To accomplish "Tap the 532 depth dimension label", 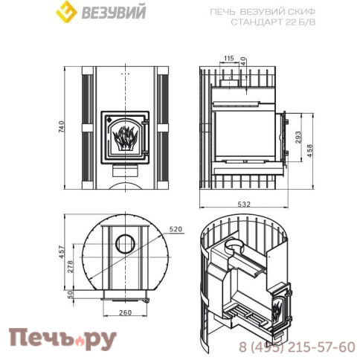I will tap(243, 203).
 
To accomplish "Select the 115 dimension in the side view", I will tap(228, 58).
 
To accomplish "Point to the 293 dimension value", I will tap(298, 138).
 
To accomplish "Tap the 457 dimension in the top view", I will tap(62, 253).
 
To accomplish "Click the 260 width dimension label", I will tap(125, 312).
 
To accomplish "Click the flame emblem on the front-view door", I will tap(125, 138).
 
